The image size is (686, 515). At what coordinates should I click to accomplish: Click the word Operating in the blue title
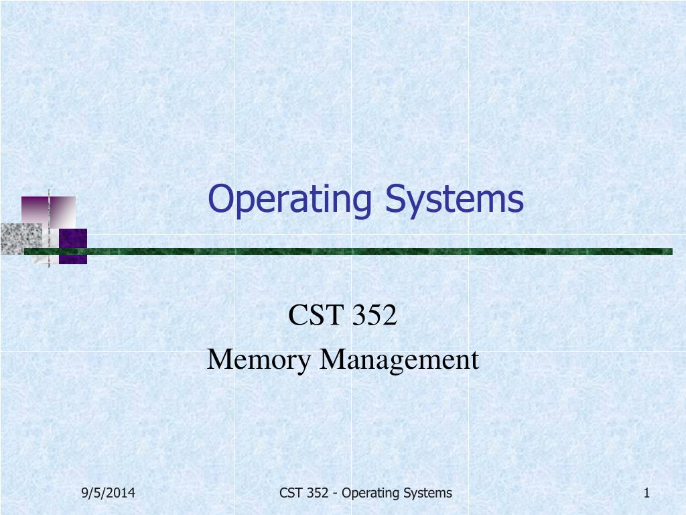click(x=292, y=200)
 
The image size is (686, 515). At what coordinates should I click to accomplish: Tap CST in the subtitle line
click(x=312, y=315)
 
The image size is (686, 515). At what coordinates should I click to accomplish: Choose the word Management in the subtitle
click(x=399, y=360)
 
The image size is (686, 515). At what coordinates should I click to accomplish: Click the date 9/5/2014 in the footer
click(x=109, y=494)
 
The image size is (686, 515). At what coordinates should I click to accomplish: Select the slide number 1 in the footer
click(x=646, y=494)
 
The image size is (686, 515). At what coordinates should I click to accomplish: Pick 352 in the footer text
click(x=318, y=494)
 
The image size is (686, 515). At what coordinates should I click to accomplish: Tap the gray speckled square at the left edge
click(x=19, y=239)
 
